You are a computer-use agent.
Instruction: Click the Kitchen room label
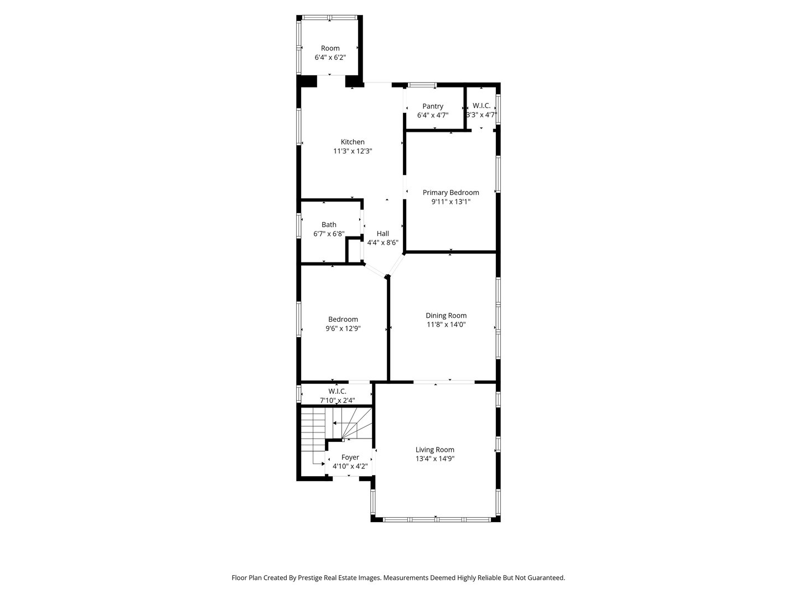click(x=353, y=142)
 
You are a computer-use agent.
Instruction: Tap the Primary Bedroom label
click(x=451, y=193)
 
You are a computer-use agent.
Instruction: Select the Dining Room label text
click(x=446, y=316)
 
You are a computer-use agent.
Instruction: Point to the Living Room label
click(x=435, y=450)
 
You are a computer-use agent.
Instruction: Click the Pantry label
click(x=433, y=106)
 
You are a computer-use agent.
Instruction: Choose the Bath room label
click(x=329, y=224)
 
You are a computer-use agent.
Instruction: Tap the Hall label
click(x=382, y=234)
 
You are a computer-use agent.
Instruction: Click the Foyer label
click(x=350, y=457)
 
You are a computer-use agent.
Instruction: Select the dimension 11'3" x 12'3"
click(x=353, y=151)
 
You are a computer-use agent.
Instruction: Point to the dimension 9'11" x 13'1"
click(x=451, y=202)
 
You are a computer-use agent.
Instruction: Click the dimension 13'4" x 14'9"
click(x=435, y=459)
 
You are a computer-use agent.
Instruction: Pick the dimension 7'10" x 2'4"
click(x=337, y=400)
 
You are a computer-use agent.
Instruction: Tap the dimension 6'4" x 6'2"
click(x=330, y=58)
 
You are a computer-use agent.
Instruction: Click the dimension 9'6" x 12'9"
click(x=343, y=328)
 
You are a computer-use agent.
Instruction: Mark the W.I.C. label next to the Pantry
click(x=482, y=106)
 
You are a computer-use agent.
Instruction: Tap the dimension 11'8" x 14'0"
click(x=446, y=325)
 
